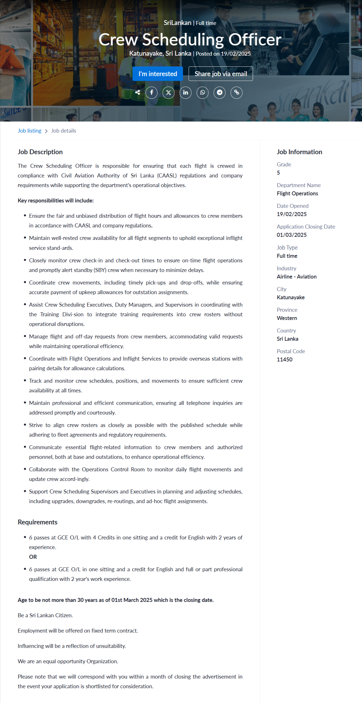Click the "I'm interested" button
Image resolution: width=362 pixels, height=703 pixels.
[x=158, y=74]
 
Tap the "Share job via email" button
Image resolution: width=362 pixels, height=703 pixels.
[x=221, y=74]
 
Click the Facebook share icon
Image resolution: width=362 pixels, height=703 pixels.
[x=152, y=93]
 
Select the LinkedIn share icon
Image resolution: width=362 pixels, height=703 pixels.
[x=185, y=93]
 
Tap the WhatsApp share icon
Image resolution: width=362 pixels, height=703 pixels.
[x=202, y=93]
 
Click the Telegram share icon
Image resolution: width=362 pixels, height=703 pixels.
[x=219, y=93]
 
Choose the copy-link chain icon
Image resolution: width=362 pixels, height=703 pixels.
[x=236, y=93]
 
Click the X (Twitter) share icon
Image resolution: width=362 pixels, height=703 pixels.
[x=168, y=93]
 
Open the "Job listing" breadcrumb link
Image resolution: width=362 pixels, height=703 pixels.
[x=29, y=131]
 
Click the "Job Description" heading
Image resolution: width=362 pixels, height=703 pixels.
[x=40, y=152]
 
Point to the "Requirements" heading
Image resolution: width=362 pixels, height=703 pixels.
[x=37, y=522]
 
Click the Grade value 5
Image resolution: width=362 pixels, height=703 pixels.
[x=278, y=173]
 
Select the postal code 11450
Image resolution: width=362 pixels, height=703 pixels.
[x=285, y=359]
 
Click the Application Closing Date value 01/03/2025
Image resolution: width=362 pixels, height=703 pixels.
[x=292, y=235]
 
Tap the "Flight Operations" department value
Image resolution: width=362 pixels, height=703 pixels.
[x=297, y=193]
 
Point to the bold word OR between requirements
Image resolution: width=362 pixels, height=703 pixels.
[x=33, y=557]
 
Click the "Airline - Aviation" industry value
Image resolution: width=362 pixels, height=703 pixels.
[x=297, y=277]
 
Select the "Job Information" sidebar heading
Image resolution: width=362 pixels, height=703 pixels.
[x=299, y=152]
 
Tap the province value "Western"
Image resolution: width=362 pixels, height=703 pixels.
[x=287, y=318]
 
